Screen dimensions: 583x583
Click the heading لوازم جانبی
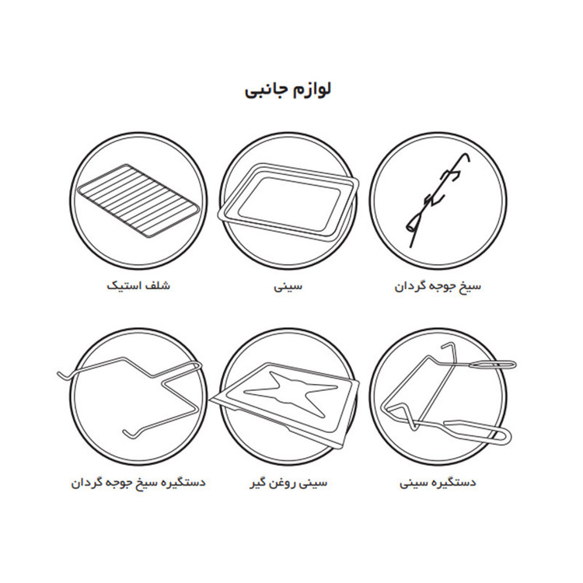(288, 91)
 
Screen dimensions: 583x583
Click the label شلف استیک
(138, 285)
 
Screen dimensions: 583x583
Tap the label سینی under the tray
(288, 286)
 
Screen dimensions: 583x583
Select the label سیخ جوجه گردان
(438, 286)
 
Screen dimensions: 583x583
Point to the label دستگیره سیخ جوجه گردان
(138, 483)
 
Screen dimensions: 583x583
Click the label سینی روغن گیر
(288, 483)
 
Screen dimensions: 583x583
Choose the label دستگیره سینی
(438, 483)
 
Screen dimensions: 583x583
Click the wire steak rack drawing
(138, 200)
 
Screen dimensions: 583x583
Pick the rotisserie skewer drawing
(436, 201)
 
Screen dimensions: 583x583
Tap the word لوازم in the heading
(312, 89)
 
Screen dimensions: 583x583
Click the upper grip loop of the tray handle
(493, 365)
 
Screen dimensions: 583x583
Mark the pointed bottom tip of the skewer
(410, 247)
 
